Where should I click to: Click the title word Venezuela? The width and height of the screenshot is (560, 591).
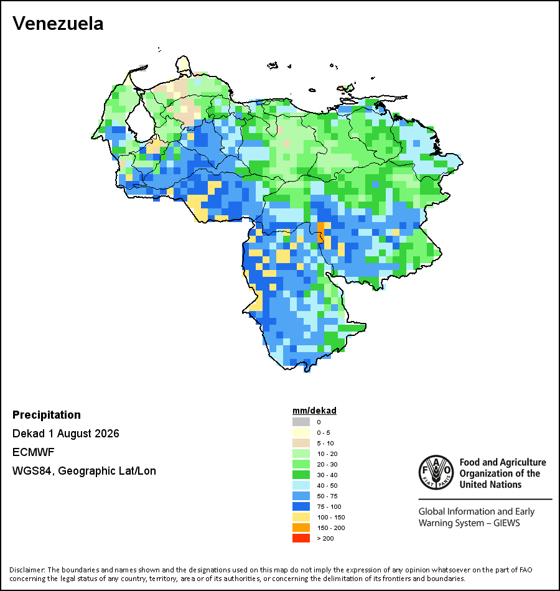point(58,24)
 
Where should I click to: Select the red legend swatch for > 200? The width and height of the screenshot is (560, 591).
point(301,538)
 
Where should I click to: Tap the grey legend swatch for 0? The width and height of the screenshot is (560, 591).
point(301,422)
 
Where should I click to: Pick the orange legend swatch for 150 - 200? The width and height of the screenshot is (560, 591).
point(301,528)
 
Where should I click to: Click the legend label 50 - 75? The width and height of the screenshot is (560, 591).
point(327,496)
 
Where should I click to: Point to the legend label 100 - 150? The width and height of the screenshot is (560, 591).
point(331,517)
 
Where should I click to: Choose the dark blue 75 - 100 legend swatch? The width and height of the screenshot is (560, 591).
point(301,506)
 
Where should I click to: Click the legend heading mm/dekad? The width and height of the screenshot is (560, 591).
point(314,411)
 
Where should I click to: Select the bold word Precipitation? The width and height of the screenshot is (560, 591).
point(47,415)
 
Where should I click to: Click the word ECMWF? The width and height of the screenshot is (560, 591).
point(33,452)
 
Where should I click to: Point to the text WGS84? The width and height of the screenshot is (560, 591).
point(32,471)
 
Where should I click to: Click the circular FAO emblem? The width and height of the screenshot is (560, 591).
point(436,472)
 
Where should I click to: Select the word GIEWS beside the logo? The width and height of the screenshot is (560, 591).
point(507,523)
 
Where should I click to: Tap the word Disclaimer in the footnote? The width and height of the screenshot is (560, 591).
point(26,570)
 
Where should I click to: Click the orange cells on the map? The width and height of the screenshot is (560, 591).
point(320,233)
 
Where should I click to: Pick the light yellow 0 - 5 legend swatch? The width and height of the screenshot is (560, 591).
point(301,432)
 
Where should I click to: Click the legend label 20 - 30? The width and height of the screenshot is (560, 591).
point(327,464)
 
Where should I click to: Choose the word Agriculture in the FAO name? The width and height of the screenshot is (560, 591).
point(523,462)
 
